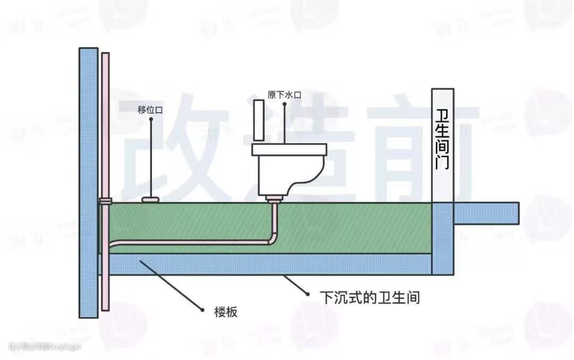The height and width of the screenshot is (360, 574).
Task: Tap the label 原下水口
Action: pos(285,95)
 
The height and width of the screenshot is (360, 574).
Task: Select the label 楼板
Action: pos(226,312)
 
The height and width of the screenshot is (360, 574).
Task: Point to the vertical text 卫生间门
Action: pos(442,139)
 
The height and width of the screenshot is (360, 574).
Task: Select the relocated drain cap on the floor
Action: pos(151,199)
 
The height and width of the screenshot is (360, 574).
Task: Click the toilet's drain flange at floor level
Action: pos(274,199)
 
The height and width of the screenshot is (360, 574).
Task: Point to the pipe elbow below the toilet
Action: pos(272,239)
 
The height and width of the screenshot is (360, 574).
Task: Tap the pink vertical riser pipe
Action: pos(105,128)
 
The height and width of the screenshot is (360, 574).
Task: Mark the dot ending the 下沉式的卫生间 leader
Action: pos(307,293)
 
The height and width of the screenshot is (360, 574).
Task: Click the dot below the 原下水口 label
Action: pos(285,104)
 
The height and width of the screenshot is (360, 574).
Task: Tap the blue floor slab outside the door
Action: pos(486,213)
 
